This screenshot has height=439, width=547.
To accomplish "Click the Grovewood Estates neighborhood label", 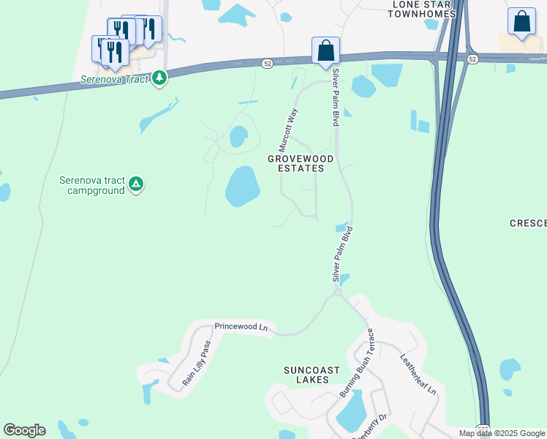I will coord(301,163).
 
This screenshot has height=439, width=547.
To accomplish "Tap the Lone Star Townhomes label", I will coord(424,9).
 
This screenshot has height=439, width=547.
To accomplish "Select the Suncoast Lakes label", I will coord(312,375).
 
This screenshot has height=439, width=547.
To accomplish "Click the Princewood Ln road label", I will coord(241,327).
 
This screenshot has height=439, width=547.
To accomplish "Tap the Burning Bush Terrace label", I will coord(358,363).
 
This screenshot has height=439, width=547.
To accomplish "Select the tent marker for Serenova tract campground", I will coord(135,184).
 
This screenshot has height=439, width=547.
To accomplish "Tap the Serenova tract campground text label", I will coord(93,185).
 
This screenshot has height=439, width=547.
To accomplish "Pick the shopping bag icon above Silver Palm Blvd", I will coord(325,50).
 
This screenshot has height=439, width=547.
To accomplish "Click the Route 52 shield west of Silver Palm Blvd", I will coord(268,64).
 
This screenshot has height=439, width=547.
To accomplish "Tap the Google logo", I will coord(24,430).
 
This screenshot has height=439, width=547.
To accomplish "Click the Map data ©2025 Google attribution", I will coord(502,433).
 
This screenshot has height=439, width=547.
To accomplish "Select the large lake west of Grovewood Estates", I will coord(242,186).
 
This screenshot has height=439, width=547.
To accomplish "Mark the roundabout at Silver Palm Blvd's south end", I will coord(338,292).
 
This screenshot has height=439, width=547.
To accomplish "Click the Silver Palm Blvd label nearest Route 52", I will coord(336,98).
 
